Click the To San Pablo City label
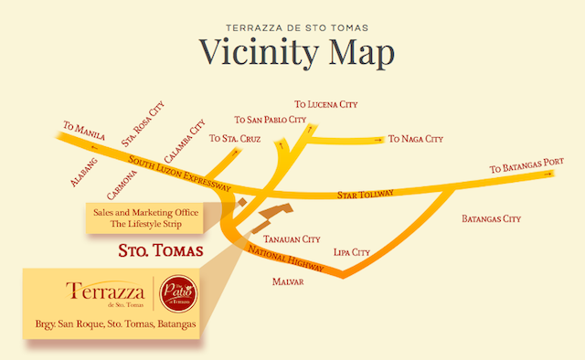click(267, 120)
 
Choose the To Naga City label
click(415, 139)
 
